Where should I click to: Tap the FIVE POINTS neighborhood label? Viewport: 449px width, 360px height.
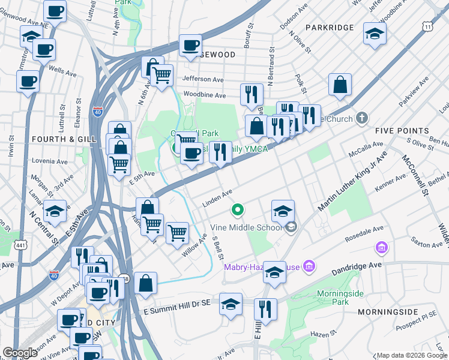coord(402,130)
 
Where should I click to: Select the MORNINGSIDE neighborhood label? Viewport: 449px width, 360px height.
coord(388,312)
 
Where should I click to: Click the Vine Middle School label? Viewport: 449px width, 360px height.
coord(246,227)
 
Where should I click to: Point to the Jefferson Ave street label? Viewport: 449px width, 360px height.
coord(203,79)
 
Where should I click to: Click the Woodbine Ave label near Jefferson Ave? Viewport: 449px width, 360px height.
coord(204,95)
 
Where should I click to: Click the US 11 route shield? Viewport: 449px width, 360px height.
coord(427,28)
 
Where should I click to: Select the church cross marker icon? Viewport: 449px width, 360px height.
coord(361,118)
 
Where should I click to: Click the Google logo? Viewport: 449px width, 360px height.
coord(20,353)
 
